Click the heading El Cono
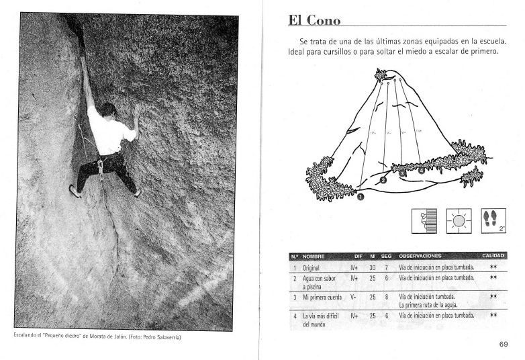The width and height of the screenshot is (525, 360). point(314,20)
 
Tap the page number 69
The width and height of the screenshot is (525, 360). point(504,345)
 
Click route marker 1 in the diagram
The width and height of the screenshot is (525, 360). point(361,197)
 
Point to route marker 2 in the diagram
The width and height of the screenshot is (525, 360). point(383,180)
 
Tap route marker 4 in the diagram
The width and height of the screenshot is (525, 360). point(422,171)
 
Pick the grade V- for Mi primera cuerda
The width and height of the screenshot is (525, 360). point(356,296)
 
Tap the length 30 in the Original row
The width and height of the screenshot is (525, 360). point(372,268)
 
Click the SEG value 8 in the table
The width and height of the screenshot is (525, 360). point(386,296)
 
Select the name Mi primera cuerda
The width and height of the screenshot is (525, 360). point(322,296)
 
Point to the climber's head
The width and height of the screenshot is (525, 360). point(109,109)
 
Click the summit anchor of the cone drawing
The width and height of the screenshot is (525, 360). point(383,75)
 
